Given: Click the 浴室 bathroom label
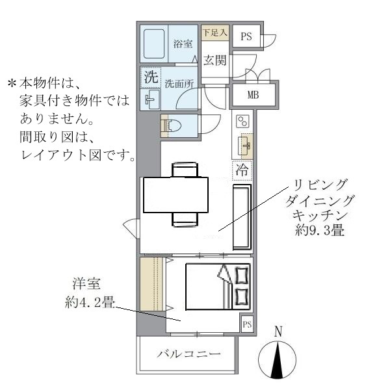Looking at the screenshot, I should coord(183,44).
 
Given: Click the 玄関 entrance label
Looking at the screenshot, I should coord(214,60).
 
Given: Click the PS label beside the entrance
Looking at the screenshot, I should coord(246,36).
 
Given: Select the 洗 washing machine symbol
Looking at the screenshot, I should coord(151,76).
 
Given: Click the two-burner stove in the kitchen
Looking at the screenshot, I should coord(243,122).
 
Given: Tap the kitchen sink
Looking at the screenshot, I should coord(245,144).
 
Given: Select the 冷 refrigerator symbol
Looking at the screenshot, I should coord(242,170).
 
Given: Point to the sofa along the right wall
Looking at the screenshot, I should coord(242,216).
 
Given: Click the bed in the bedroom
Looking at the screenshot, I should coord(217,285).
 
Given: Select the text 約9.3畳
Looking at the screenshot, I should coord(314,230).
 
